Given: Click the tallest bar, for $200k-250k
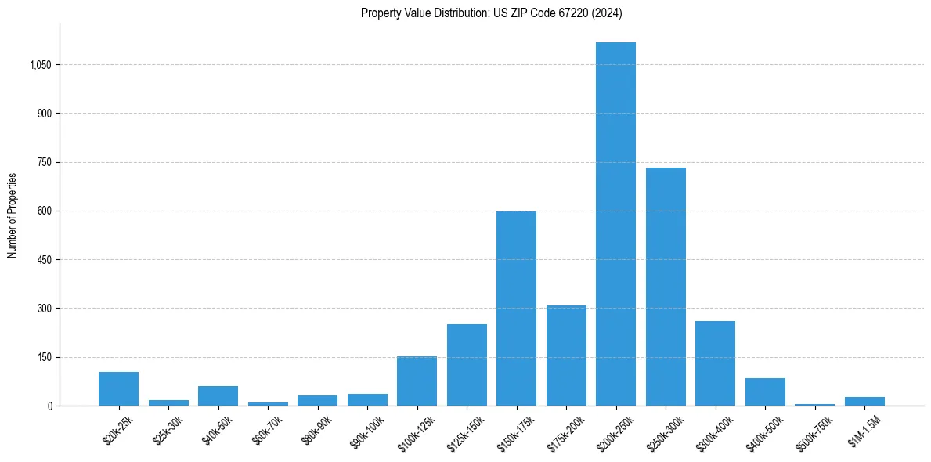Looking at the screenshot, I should point(615,224).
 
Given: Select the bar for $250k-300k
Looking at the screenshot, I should point(666,287).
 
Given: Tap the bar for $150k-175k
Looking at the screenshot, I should point(516,309).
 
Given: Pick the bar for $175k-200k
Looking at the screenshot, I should point(566,356).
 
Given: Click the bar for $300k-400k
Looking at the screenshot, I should point(715,363).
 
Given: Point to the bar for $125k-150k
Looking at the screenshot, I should point(467,365).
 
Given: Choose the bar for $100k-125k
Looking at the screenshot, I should point(417,381).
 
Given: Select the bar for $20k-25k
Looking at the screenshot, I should point(118,389).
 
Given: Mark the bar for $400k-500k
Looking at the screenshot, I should point(765,392).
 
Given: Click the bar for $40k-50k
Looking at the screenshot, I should point(218,396).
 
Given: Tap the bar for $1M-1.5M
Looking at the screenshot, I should point(864,402).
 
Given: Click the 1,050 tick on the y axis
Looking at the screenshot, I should point(40,65).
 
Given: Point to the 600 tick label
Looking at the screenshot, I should point(44,211).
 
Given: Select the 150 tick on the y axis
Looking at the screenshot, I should point(44,358).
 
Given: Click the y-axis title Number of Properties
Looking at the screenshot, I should point(13,215).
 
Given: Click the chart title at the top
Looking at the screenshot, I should point(492,13).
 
